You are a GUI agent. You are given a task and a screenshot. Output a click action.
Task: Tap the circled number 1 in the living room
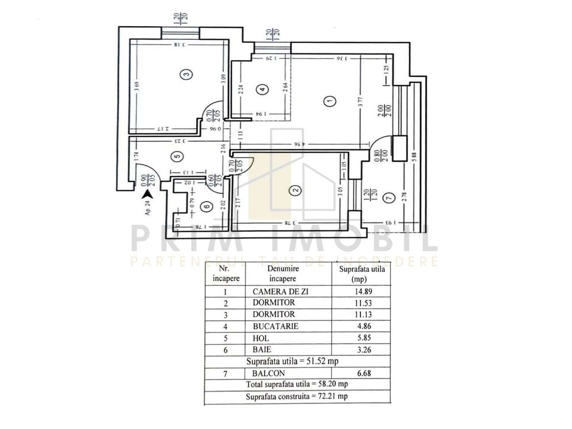330,102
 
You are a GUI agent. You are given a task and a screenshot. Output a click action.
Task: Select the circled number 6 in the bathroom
206,207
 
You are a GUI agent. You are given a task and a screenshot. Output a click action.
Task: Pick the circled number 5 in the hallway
177,156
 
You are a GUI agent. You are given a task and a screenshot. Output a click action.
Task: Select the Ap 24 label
148,208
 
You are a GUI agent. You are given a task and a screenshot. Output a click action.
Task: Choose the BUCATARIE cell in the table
275,326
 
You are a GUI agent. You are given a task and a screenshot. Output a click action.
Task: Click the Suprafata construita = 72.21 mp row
297,396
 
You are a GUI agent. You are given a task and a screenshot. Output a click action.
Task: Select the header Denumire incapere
283,273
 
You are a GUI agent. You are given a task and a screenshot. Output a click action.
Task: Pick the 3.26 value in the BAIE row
362,350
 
